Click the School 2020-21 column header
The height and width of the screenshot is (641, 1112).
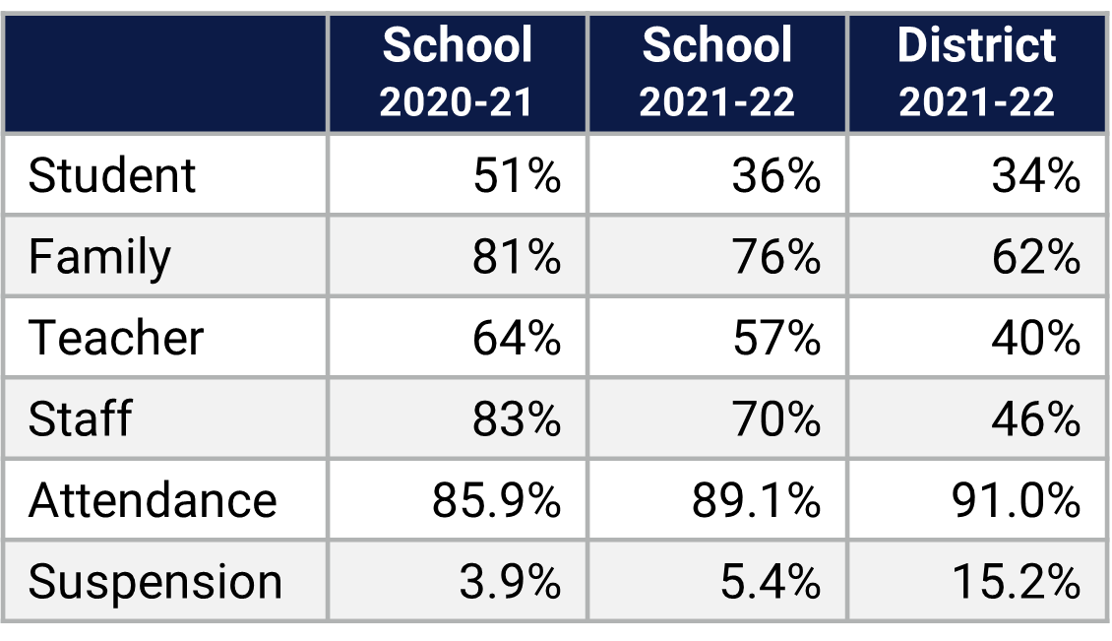[x=457, y=74]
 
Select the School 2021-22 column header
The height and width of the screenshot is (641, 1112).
[x=716, y=74]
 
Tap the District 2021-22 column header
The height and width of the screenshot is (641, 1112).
[x=976, y=74]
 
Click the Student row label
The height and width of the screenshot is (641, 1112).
[x=112, y=176]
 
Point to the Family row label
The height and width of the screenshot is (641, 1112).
[x=99, y=258]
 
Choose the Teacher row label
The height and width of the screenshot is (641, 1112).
[x=116, y=339]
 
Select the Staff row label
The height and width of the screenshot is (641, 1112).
[x=80, y=419]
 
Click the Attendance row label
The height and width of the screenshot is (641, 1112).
[x=153, y=500]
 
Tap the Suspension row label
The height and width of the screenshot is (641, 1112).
[x=155, y=582]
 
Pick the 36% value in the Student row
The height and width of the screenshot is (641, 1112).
[x=776, y=176]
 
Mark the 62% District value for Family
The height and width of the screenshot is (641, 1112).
[x=1036, y=258]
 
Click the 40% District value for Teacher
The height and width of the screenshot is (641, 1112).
[x=1036, y=339]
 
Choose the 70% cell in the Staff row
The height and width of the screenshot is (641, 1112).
[x=776, y=419]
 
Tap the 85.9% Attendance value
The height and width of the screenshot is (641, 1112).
[x=497, y=500]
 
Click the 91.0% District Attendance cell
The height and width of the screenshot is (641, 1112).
[x=1017, y=500]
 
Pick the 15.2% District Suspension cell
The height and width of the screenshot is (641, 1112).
[x=1017, y=582]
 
